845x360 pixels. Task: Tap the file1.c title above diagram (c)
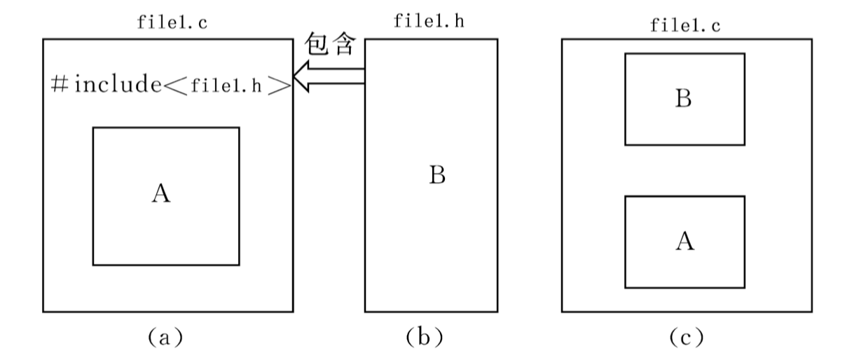[x=686, y=26]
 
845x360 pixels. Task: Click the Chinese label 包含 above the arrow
[x=333, y=45]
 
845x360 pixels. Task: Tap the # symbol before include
[x=60, y=84]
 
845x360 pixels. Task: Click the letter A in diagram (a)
[x=161, y=193]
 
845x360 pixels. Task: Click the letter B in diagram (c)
[x=683, y=99]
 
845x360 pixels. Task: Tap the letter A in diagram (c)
[x=685, y=242]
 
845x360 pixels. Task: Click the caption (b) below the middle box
[x=425, y=338]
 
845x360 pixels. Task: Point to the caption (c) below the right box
[x=685, y=338]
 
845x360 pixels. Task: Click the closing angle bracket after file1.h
[x=280, y=85]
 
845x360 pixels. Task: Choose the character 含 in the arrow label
[x=347, y=45]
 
